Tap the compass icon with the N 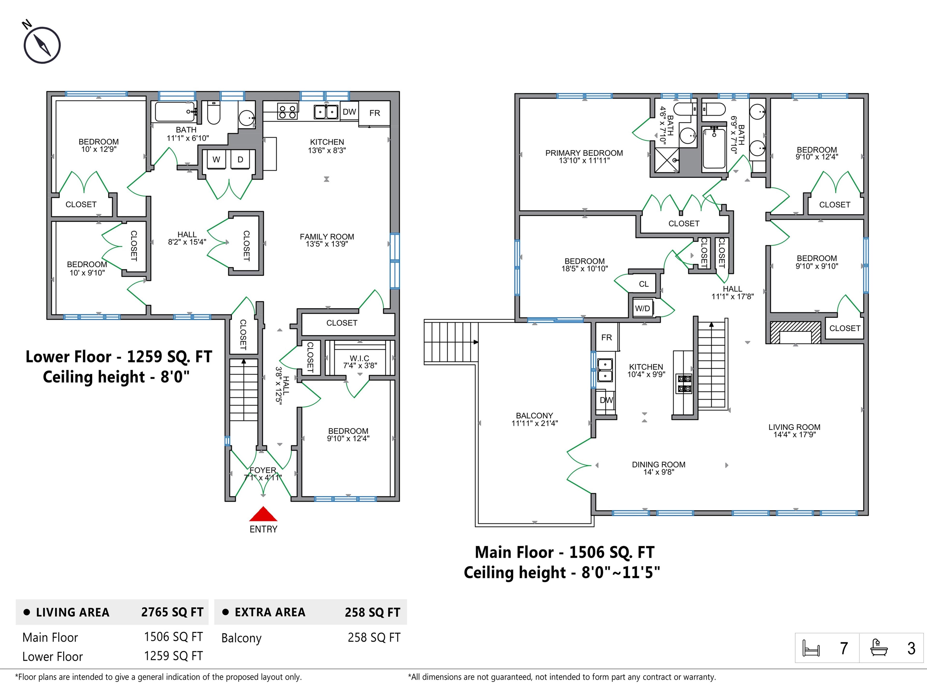(42, 44)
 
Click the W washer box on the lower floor (216, 159)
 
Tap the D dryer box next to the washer (240, 159)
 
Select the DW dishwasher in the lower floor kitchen (349, 112)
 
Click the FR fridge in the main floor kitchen (606, 337)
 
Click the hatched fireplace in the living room (795, 332)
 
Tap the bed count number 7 (843, 648)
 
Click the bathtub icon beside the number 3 (878, 648)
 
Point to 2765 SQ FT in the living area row (172, 612)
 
